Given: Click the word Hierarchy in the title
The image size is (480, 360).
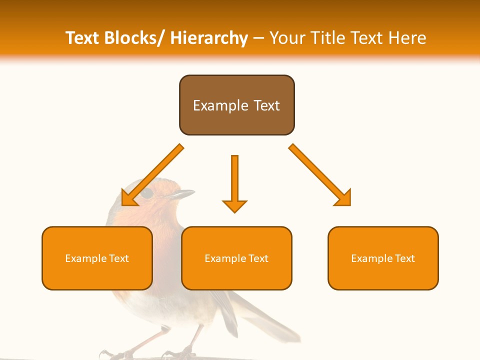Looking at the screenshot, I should [x=209, y=38].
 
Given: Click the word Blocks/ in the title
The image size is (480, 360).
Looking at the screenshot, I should [x=134, y=38].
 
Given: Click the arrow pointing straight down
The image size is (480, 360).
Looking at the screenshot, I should [x=234, y=182].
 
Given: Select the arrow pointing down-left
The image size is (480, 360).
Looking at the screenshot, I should [x=152, y=175].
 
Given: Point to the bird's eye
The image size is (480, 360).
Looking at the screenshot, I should [x=146, y=193].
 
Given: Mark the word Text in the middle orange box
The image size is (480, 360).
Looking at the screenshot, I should [x=258, y=258].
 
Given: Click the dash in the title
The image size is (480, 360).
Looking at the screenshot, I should [x=258, y=38].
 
